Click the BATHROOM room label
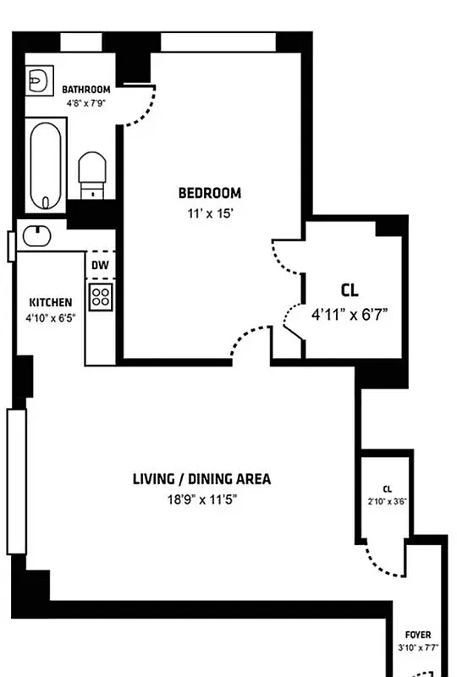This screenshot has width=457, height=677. pyautogui.click(x=86, y=90)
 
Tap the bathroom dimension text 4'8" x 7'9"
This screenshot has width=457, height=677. pyautogui.click(x=86, y=104)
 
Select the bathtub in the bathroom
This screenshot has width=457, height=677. pyautogui.click(x=44, y=165)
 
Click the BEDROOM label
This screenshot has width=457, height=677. pyautogui.click(x=209, y=193)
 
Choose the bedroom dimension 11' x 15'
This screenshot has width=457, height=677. pyautogui.click(x=209, y=214)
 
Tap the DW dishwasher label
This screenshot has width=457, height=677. pyautogui.click(x=100, y=264)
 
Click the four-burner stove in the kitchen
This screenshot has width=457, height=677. pyautogui.click(x=101, y=296)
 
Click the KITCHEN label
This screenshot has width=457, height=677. pyautogui.click(x=51, y=302)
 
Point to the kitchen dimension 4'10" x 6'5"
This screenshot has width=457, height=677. pyautogui.click(x=51, y=318)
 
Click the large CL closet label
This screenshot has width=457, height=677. pyautogui.click(x=350, y=290)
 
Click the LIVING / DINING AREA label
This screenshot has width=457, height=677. pyautogui.click(x=201, y=479)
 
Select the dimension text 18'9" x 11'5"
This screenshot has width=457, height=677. pyautogui.click(x=201, y=499)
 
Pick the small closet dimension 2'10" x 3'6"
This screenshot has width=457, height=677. pyautogui.click(x=388, y=501)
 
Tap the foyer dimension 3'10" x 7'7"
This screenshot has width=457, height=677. pyautogui.click(x=418, y=648)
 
